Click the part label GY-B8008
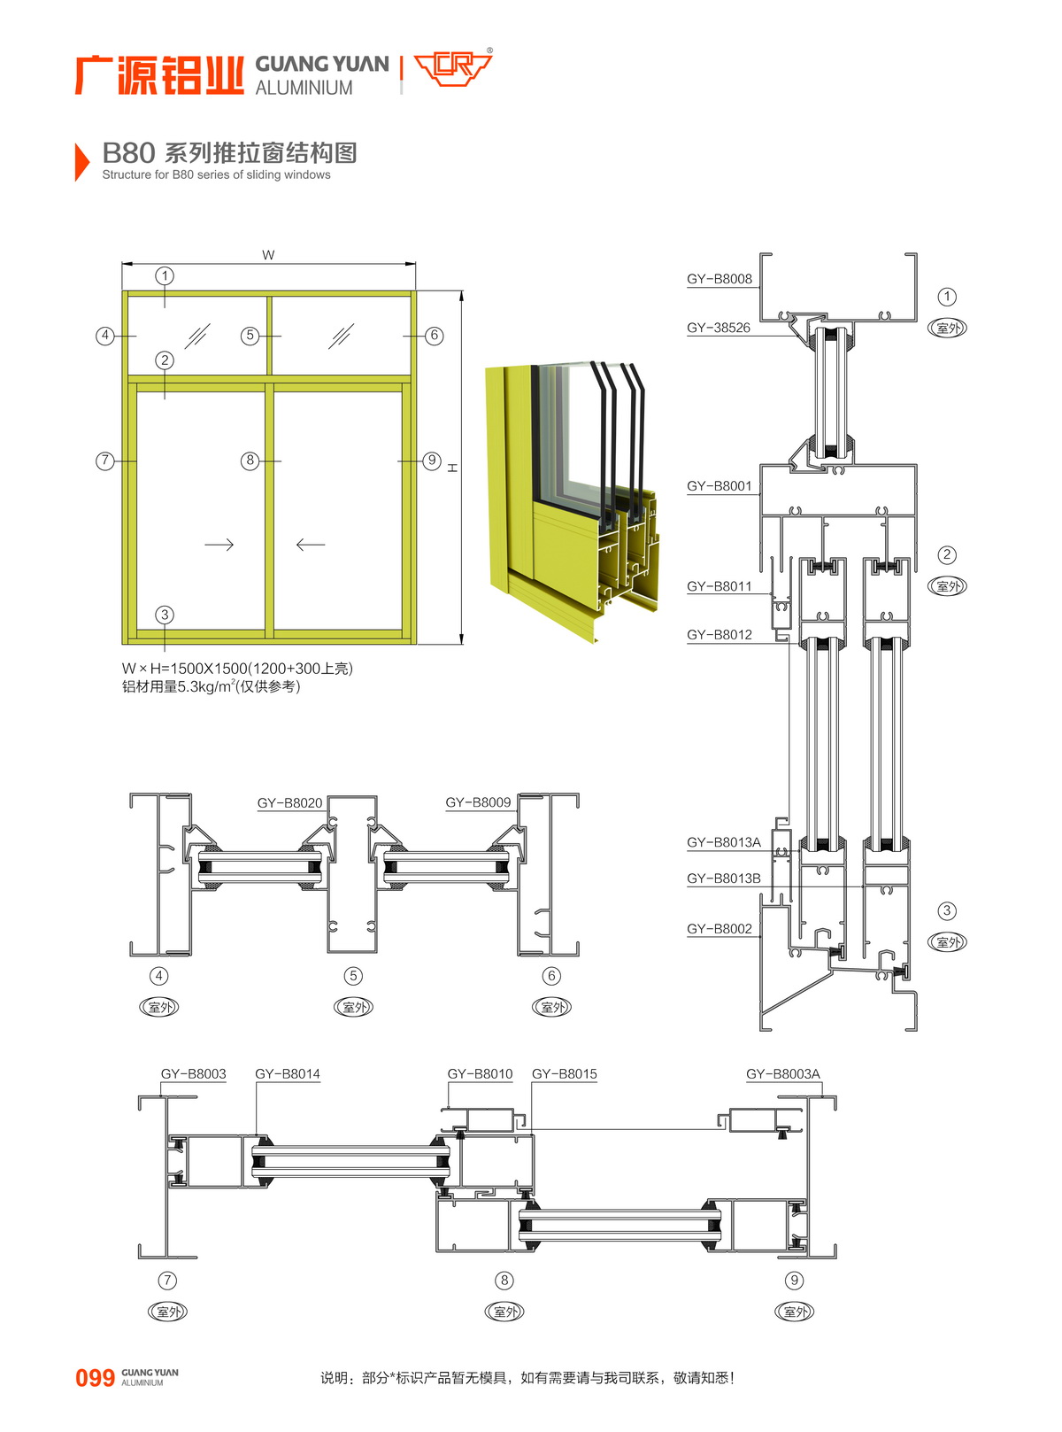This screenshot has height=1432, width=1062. tap(719, 279)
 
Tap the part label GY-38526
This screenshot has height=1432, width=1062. tap(718, 328)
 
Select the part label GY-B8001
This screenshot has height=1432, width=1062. tap(719, 486)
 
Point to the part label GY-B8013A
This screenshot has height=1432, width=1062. tap(723, 842)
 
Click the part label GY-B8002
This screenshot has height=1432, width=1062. tap(719, 929)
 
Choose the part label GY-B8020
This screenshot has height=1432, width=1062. tap(289, 803)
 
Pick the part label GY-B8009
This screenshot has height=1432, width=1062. tap(478, 802)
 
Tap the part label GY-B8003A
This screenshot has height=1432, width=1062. tap(782, 1074)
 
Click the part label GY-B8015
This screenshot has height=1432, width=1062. tap(564, 1074)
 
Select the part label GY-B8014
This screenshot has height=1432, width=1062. tap(287, 1074)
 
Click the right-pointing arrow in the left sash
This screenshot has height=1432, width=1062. tap(219, 544)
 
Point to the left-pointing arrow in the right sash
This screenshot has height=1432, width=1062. tap(310, 544)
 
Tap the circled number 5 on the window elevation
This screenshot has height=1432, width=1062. tap(250, 336)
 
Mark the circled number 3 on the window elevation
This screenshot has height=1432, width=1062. tap(165, 615)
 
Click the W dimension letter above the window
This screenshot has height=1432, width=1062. tap(268, 255)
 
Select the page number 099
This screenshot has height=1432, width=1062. tap(95, 1378)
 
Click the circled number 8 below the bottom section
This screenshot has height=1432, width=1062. tap(504, 1280)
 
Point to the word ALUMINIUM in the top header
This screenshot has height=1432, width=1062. tap(304, 88)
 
